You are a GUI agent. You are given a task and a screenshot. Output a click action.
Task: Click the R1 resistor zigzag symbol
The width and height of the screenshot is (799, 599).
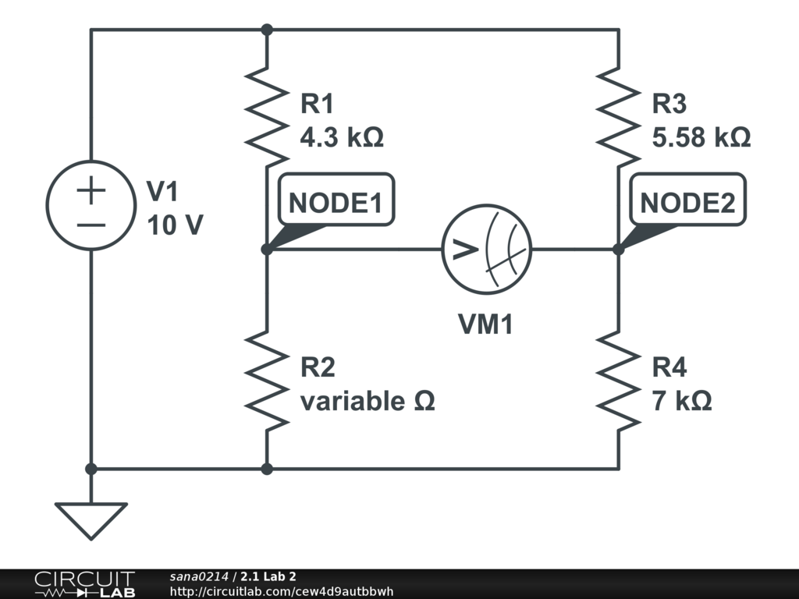(267, 117)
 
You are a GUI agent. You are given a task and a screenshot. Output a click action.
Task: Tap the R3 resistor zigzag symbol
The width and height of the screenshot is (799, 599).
(619, 117)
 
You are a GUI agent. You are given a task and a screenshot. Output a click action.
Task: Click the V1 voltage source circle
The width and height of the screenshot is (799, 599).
(91, 206)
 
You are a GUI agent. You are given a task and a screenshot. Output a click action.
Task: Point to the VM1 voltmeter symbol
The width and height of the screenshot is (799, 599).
(487, 250)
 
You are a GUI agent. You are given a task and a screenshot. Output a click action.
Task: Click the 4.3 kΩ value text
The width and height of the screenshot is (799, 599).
(342, 138)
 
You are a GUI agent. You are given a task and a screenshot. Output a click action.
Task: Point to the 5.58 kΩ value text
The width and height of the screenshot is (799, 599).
(701, 138)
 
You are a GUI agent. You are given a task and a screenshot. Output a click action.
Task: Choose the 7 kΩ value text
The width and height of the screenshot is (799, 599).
(682, 402)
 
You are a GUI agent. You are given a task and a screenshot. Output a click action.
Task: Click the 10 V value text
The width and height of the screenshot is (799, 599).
(175, 225)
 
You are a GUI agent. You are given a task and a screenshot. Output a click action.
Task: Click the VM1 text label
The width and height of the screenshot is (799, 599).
(485, 324)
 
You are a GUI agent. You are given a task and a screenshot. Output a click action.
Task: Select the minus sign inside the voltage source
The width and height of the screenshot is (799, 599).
(91, 225)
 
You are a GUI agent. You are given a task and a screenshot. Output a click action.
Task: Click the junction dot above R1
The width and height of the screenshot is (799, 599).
(267, 30)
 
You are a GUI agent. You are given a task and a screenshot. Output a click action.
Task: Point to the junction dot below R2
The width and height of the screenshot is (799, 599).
(267, 469)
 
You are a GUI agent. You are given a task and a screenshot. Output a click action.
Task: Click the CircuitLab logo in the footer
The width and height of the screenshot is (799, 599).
(84, 584)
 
